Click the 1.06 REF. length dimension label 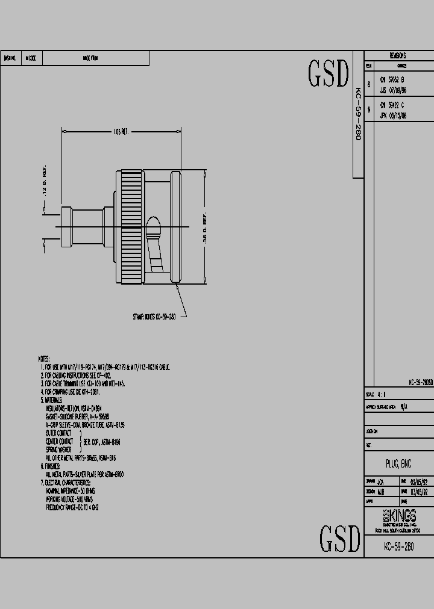pyautogui.click(x=121, y=131)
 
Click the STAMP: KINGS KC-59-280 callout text pyautogui.click(x=154, y=316)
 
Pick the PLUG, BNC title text pyautogui.click(x=398, y=464)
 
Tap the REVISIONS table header pyautogui.click(x=398, y=55)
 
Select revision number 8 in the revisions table pyautogui.click(x=369, y=84)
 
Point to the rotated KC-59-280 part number pyautogui.click(x=357, y=114)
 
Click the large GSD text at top pyautogui.click(x=329, y=73)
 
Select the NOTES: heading pyautogui.click(x=44, y=359)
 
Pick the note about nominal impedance pyautogui.click(x=71, y=491)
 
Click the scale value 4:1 pyautogui.click(x=382, y=395)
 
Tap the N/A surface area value pyautogui.click(x=403, y=407)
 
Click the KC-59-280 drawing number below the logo pyautogui.click(x=398, y=547)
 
